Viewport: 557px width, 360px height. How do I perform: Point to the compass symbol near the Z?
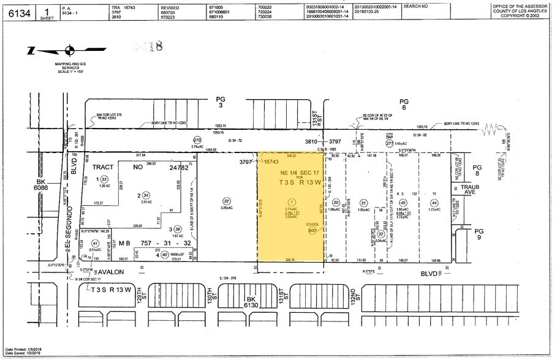70,50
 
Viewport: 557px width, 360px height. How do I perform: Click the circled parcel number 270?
197,140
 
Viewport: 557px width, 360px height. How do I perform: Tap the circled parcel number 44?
434,203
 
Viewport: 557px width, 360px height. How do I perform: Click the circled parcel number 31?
363,203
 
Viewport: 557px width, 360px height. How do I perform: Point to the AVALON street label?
112,271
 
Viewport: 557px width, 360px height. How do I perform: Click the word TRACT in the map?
107,167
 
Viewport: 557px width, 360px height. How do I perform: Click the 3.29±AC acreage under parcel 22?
226,208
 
